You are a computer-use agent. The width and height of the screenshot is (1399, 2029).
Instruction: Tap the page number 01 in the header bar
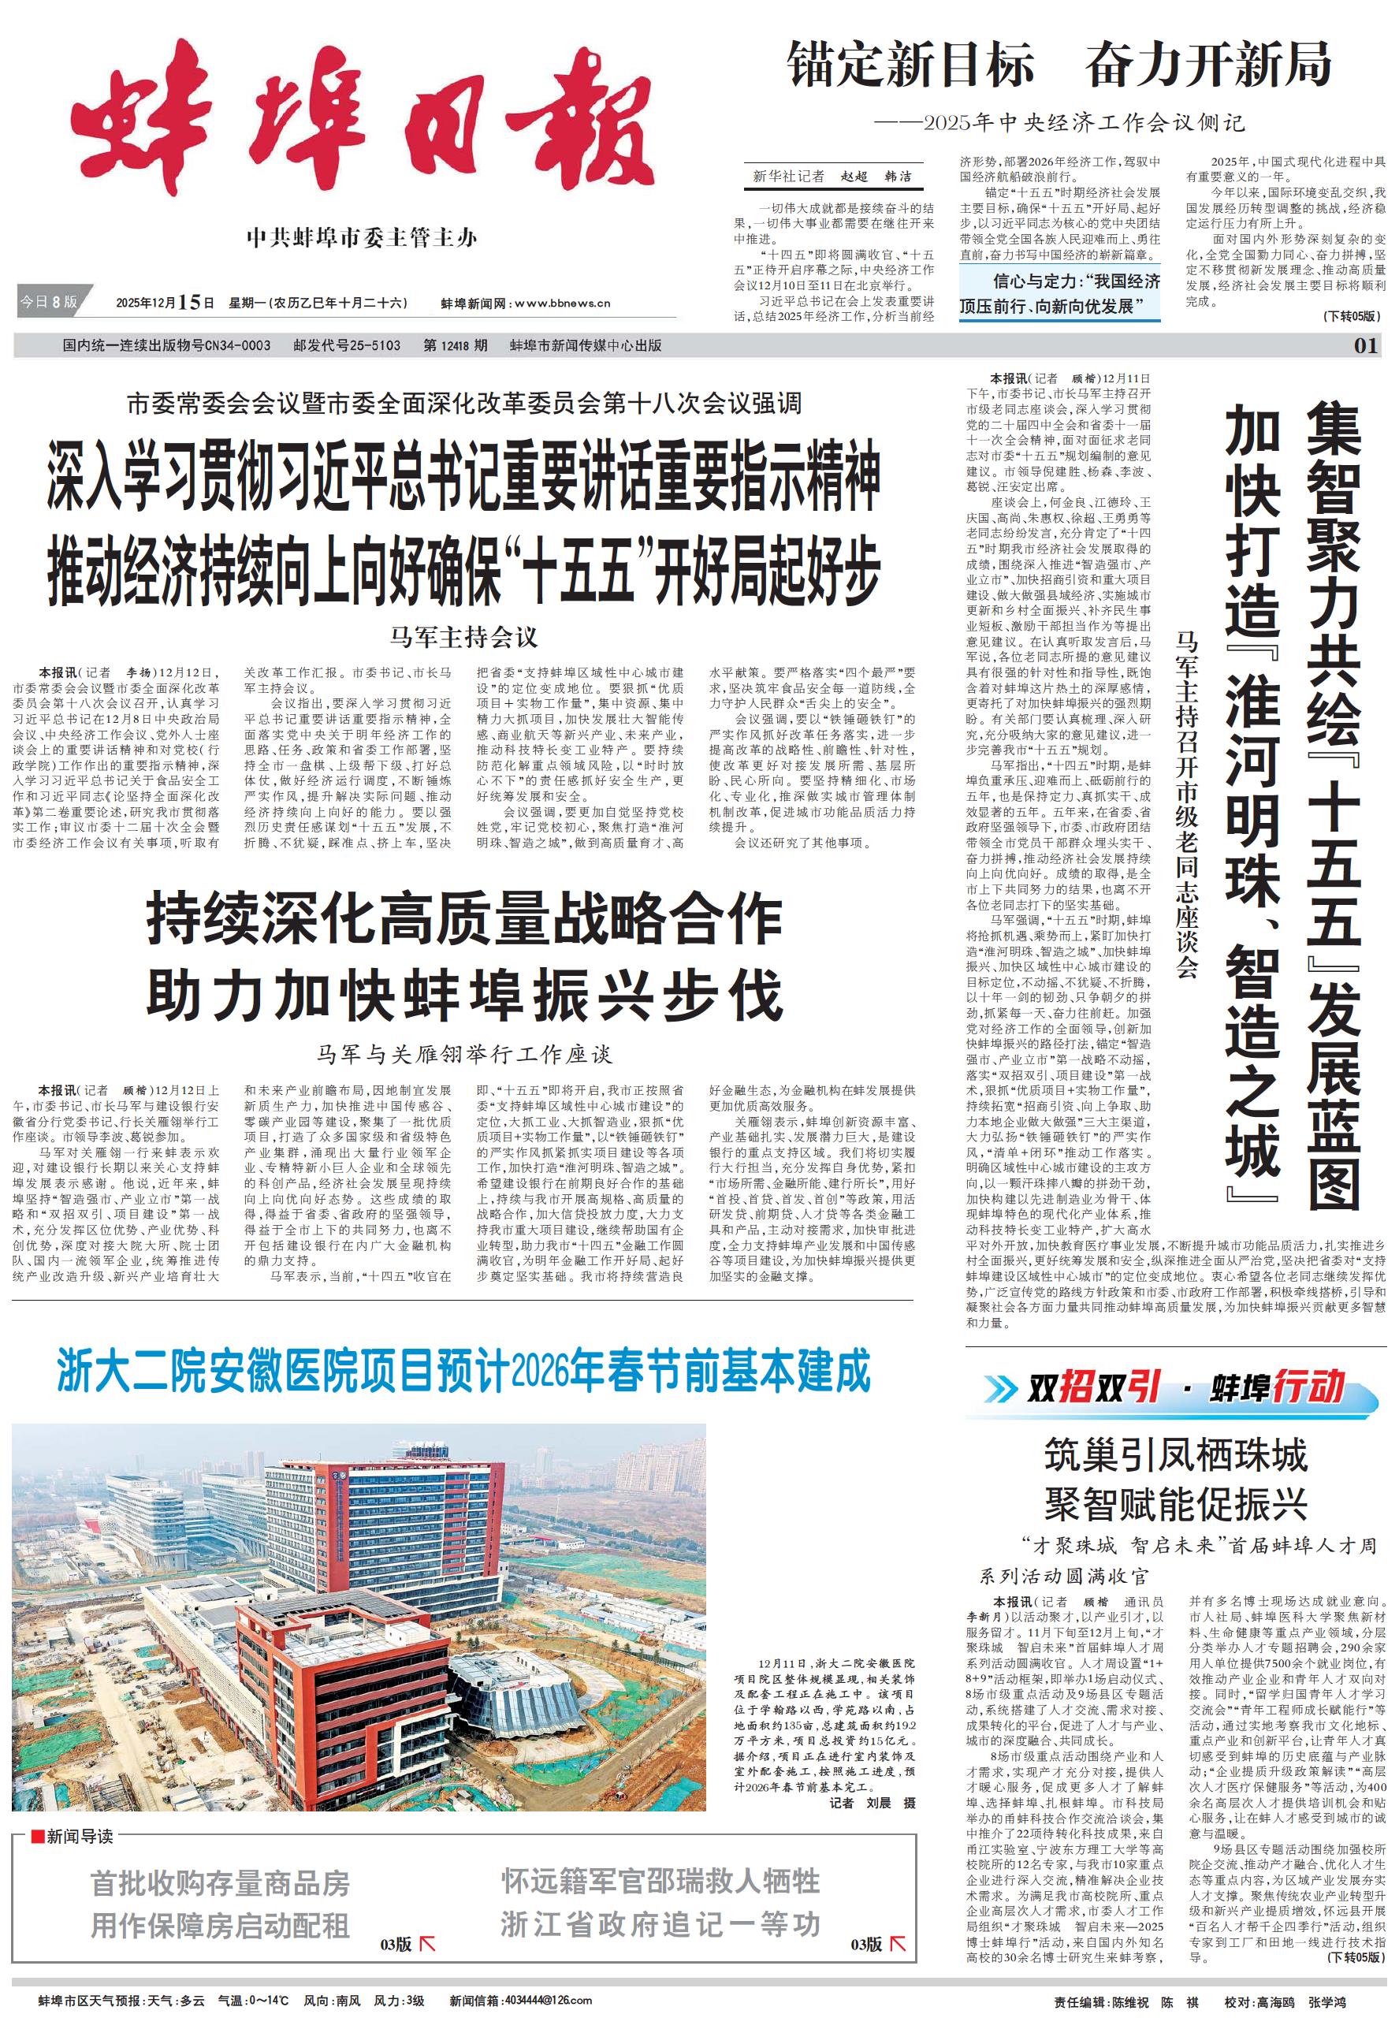(x=1366, y=345)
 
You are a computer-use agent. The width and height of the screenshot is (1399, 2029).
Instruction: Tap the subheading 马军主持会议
(x=463, y=636)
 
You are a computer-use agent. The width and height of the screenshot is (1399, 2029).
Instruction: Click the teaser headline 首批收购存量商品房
(x=220, y=1882)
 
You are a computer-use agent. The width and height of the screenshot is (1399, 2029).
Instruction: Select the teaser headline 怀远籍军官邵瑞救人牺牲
(x=660, y=1881)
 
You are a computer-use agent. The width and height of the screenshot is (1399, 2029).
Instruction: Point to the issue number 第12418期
(x=455, y=345)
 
